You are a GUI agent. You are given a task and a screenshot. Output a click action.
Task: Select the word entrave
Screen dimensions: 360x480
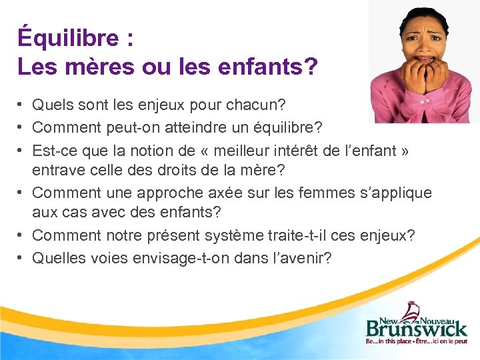pyautogui.click(x=56, y=171)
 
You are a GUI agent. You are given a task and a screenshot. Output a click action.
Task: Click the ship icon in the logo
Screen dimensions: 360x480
pyautogui.click(x=412, y=309)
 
